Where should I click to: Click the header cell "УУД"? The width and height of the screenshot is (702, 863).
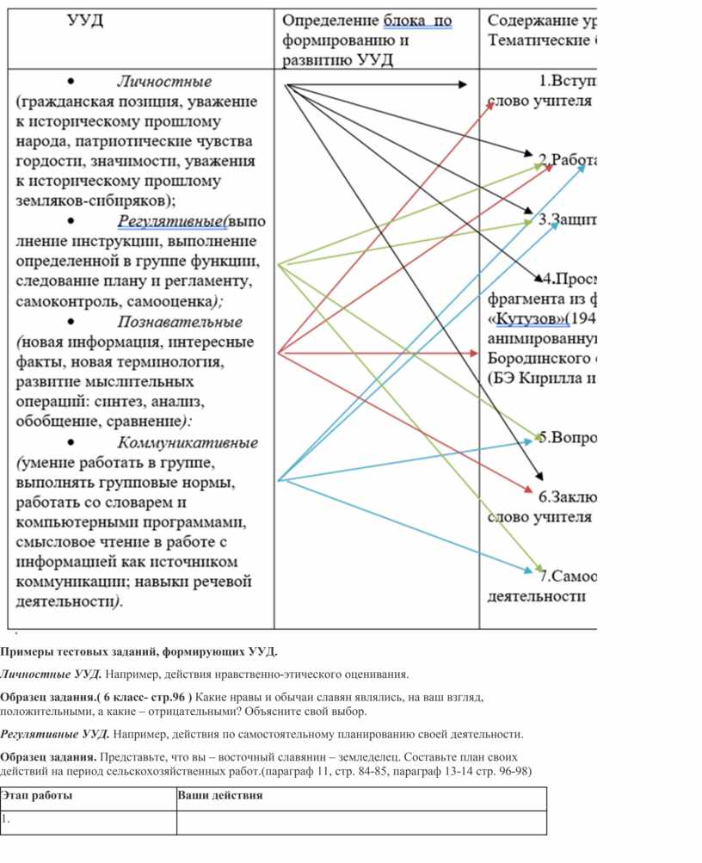click(x=85, y=21)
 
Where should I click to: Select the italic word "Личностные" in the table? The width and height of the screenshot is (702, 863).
click(x=164, y=82)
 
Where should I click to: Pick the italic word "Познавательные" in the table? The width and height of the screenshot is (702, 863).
click(x=180, y=322)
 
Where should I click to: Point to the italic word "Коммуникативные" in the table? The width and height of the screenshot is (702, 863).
click(x=188, y=443)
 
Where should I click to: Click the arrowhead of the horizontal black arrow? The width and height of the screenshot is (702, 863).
click(x=463, y=84)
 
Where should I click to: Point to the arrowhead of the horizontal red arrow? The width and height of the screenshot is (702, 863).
click(x=472, y=353)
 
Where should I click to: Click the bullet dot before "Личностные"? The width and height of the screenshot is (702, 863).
click(x=71, y=81)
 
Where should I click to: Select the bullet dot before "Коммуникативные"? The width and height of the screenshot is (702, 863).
click(x=71, y=442)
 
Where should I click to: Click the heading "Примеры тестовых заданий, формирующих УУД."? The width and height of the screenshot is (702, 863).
click(x=139, y=650)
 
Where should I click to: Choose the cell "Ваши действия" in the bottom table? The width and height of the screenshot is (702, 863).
click(x=219, y=796)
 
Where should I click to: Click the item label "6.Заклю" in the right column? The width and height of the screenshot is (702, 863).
click(x=567, y=496)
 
